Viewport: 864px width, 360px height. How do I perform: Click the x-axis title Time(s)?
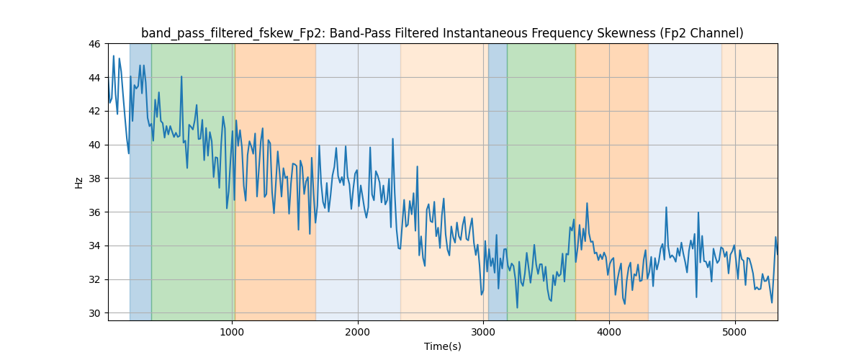pos(442,346)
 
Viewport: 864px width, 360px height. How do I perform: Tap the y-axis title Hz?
pos(78,182)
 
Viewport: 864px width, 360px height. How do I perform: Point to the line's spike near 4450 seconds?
pos(666,207)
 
